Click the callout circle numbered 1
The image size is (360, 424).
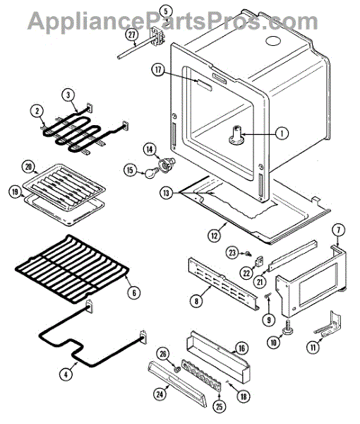[x=282, y=134]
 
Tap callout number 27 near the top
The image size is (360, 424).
[x=131, y=35]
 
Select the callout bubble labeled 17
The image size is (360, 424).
[x=158, y=70]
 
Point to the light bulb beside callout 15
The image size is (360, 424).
[x=148, y=173]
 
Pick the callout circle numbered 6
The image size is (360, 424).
[x=134, y=293]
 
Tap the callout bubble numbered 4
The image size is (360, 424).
[x=66, y=375]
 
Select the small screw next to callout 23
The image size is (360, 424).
[x=248, y=254]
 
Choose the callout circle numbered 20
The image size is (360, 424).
[x=28, y=167]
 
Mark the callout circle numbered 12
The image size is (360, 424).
[x=214, y=236]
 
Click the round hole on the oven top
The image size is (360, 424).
[x=273, y=41]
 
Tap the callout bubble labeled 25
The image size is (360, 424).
[x=220, y=407]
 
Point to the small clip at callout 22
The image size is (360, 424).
[x=260, y=262]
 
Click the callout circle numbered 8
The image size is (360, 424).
[x=196, y=301]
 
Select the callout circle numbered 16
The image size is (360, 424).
[x=241, y=348]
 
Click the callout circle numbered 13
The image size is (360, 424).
[x=166, y=193]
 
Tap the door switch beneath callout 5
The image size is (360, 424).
[x=157, y=35]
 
